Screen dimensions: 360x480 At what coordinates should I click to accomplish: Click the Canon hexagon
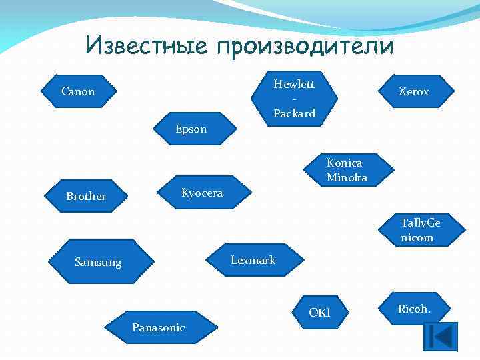pyautogui.click(x=79, y=91)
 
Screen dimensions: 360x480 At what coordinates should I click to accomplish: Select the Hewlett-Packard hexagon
pyautogui.click(x=294, y=98)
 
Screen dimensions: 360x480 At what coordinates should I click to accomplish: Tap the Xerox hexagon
pyautogui.click(x=413, y=92)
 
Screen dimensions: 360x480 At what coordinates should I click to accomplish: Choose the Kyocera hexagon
pyautogui.click(x=202, y=193)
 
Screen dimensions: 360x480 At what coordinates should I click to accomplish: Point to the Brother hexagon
pyautogui.click(x=87, y=196)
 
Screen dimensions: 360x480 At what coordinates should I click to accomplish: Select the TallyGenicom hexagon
pyautogui.click(x=420, y=230)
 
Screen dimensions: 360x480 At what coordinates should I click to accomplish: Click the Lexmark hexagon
pyautogui.click(x=253, y=260)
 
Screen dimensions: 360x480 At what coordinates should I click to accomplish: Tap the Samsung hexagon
pyautogui.click(x=98, y=263)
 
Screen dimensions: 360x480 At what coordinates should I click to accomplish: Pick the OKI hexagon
pyautogui.click(x=320, y=313)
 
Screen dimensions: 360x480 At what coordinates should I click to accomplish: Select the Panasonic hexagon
pyautogui.click(x=159, y=327)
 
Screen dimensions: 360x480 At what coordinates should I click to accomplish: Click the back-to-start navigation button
pyautogui.click(x=441, y=336)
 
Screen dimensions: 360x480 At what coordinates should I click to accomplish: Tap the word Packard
pyautogui.click(x=294, y=114)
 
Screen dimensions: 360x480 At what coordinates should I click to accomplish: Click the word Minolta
pyautogui.click(x=347, y=177)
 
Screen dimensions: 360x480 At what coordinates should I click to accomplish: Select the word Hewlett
pyautogui.click(x=294, y=84)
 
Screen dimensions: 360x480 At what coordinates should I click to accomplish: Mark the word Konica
pyautogui.click(x=345, y=163)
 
